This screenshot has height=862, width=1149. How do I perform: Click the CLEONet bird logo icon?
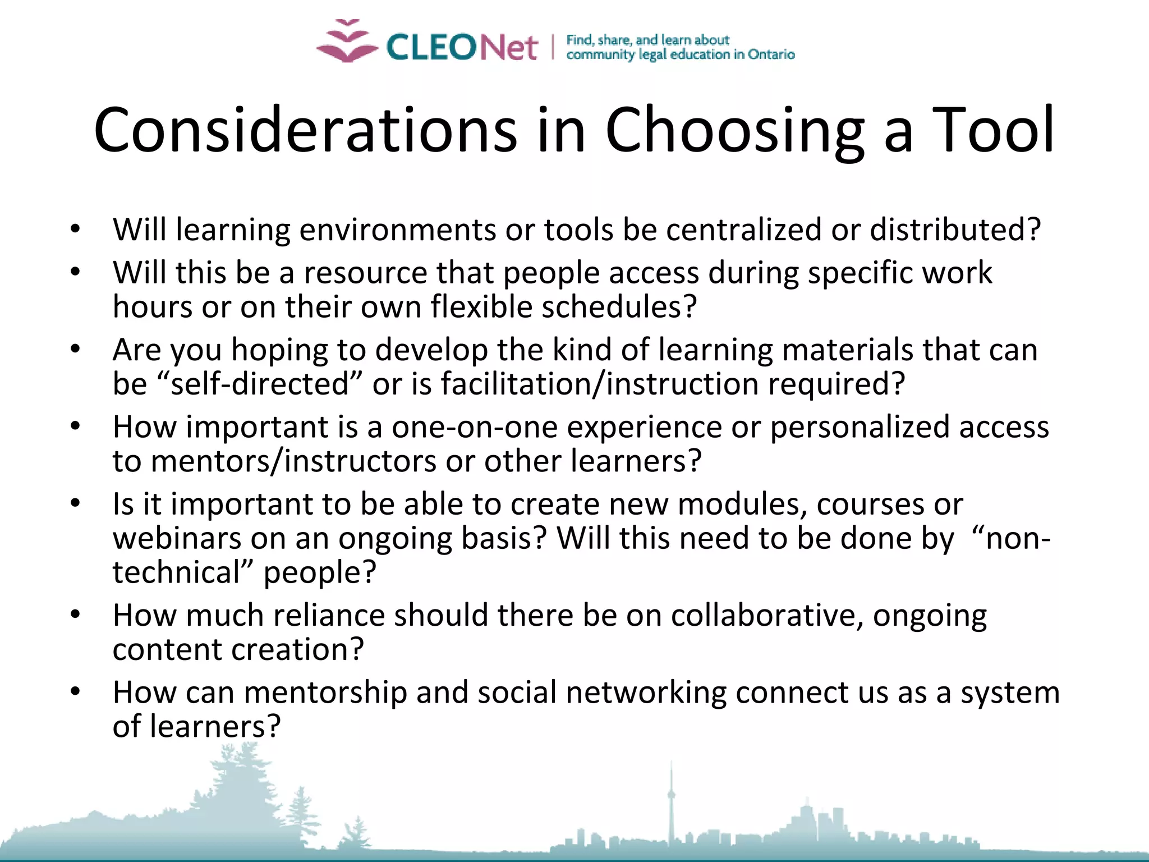point(347,42)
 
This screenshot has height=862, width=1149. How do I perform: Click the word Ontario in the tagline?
point(771,54)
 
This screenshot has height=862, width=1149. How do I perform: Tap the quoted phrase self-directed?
point(260,384)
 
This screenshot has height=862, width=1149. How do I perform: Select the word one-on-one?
point(475,427)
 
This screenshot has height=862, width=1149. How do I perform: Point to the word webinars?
point(177,538)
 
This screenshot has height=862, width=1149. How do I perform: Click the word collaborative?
point(767,615)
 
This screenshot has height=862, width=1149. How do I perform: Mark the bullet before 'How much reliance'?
point(76,615)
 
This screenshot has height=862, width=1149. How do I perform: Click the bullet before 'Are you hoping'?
point(76,350)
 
